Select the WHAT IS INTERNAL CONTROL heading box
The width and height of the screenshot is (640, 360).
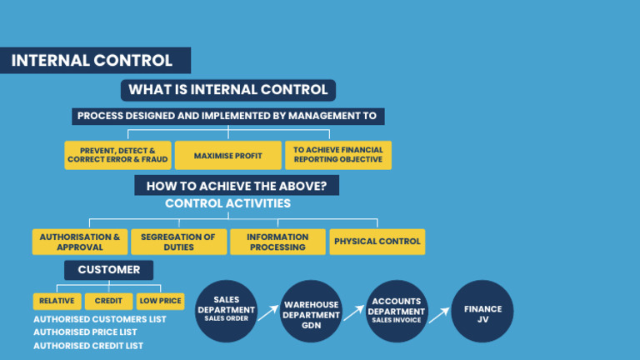point(227,90)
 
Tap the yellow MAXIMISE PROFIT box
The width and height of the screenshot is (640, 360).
point(227,156)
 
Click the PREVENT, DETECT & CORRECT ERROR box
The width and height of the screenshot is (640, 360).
point(117,156)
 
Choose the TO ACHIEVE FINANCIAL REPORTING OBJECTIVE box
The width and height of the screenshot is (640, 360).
point(337,156)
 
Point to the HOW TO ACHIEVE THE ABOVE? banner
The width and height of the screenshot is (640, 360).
point(237,186)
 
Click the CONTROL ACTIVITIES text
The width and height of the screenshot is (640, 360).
point(227,203)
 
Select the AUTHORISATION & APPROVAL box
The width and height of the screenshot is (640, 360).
point(80,242)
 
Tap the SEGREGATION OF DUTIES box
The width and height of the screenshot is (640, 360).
point(178,242)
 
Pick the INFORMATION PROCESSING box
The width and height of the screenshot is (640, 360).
point(277,242)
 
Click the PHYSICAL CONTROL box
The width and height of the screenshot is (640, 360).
point(377,242)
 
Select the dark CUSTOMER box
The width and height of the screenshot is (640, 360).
point(108,270)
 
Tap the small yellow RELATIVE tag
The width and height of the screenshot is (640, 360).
point(57,301)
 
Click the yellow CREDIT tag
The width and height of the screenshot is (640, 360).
point(108,301)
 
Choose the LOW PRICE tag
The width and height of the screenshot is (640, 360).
point(160,301)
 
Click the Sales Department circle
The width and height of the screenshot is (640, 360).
point(227,309)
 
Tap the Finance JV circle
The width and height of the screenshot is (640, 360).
point(482,310)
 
